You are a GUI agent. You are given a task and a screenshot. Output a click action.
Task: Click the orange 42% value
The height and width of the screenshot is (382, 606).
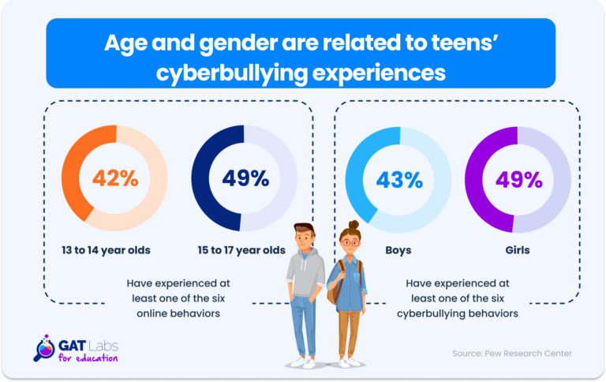114,178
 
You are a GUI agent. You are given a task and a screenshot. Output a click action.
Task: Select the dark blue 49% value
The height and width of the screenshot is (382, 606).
245,178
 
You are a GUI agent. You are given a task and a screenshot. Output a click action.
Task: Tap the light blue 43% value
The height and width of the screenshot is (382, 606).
400,179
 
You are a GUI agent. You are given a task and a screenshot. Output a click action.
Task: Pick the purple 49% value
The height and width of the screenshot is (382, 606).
518,179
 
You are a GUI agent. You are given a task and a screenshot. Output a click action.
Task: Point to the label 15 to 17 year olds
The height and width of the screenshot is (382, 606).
241,250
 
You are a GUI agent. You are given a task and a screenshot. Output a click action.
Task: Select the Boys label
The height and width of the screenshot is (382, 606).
398,250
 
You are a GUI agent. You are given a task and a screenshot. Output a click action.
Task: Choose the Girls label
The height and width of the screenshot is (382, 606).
516,250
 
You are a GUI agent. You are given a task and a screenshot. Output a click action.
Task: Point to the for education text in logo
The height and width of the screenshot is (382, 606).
88,358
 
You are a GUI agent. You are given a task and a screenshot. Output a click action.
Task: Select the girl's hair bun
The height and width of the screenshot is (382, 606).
353,224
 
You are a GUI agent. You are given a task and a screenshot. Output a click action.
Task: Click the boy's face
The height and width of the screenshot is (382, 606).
305,239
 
